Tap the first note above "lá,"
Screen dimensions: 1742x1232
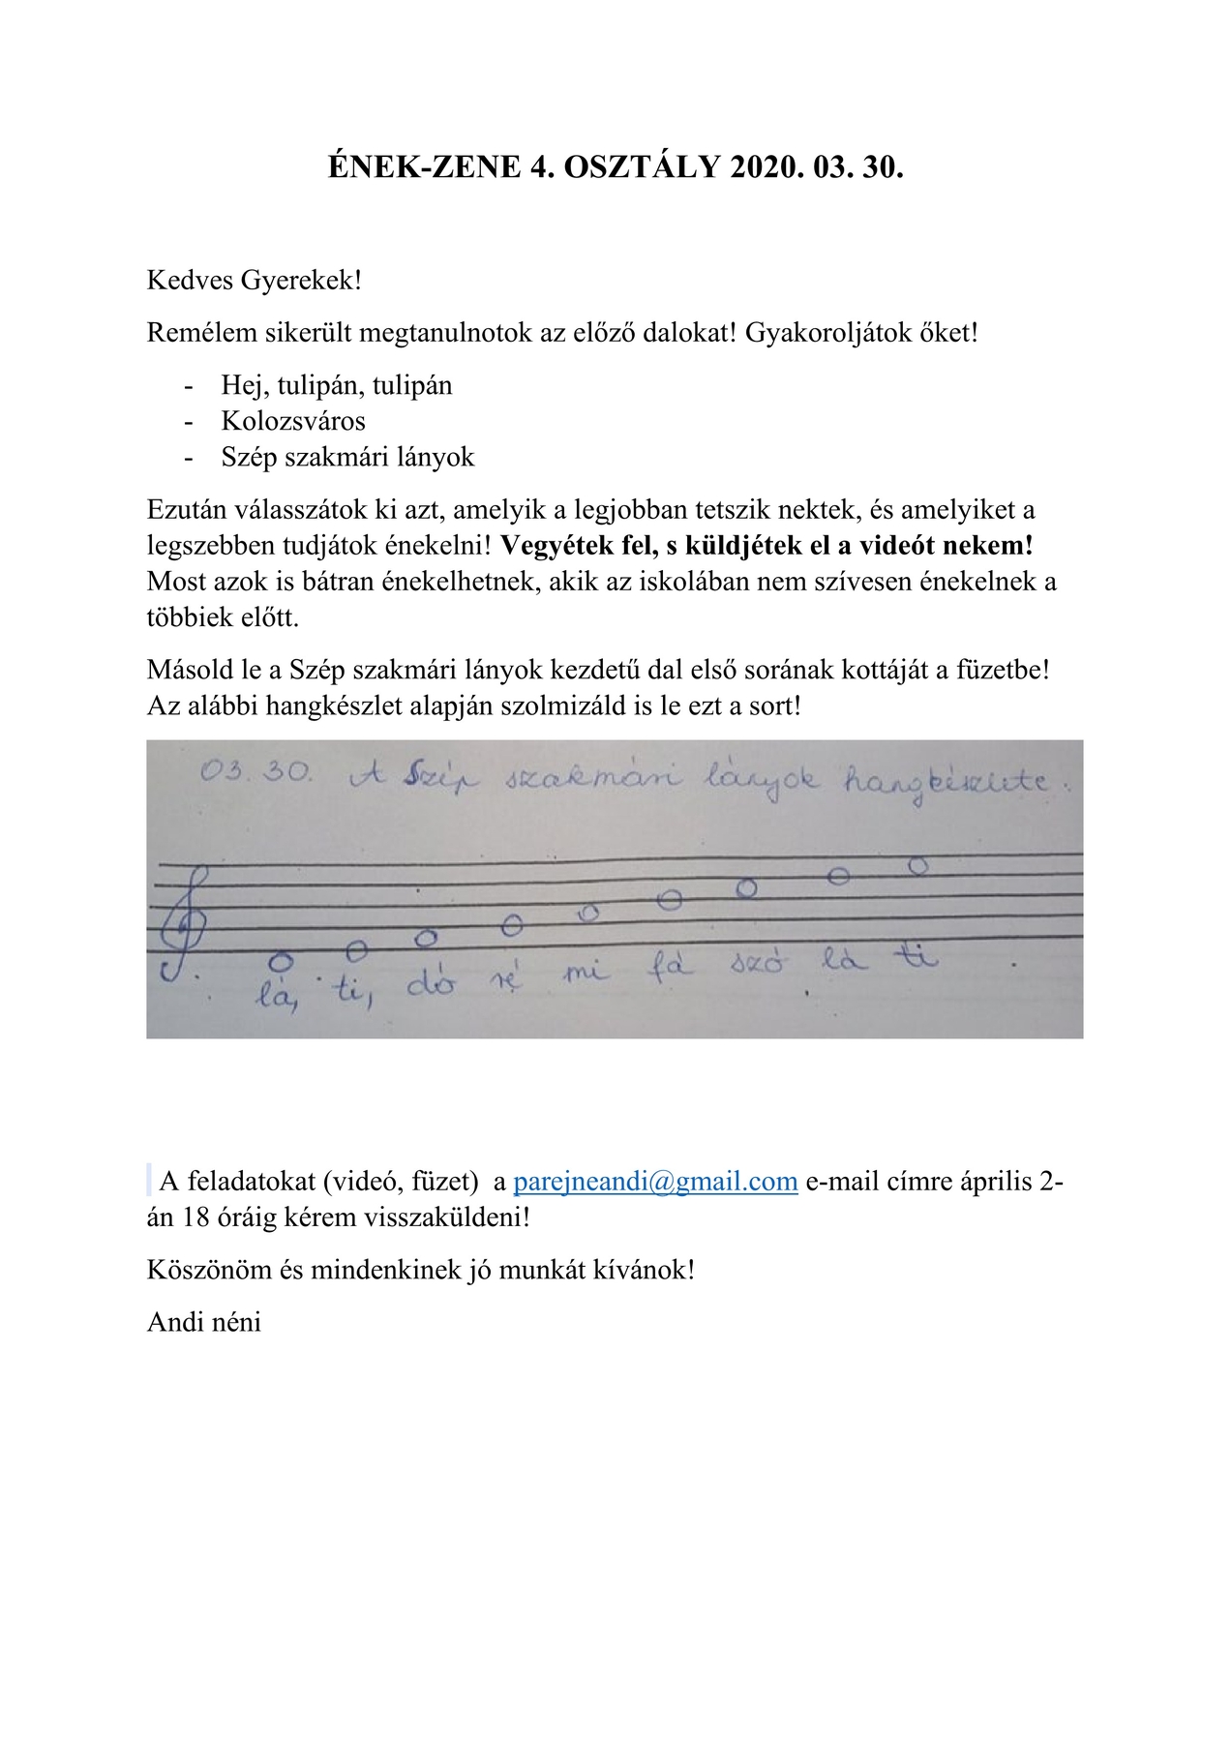click(x=281, y=961)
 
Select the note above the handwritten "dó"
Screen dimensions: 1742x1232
click(x=425, y=938)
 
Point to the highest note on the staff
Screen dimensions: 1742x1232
click(x=918, y=865)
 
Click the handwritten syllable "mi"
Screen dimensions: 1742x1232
click(x=586, y=973)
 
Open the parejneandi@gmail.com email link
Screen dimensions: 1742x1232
click(x=655, y=1182)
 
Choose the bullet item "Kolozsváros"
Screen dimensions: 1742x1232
click(x=293, y=421)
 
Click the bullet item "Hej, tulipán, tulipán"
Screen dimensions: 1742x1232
click(x=337, y=385)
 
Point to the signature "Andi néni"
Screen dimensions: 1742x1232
click(x=204, y=1322)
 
